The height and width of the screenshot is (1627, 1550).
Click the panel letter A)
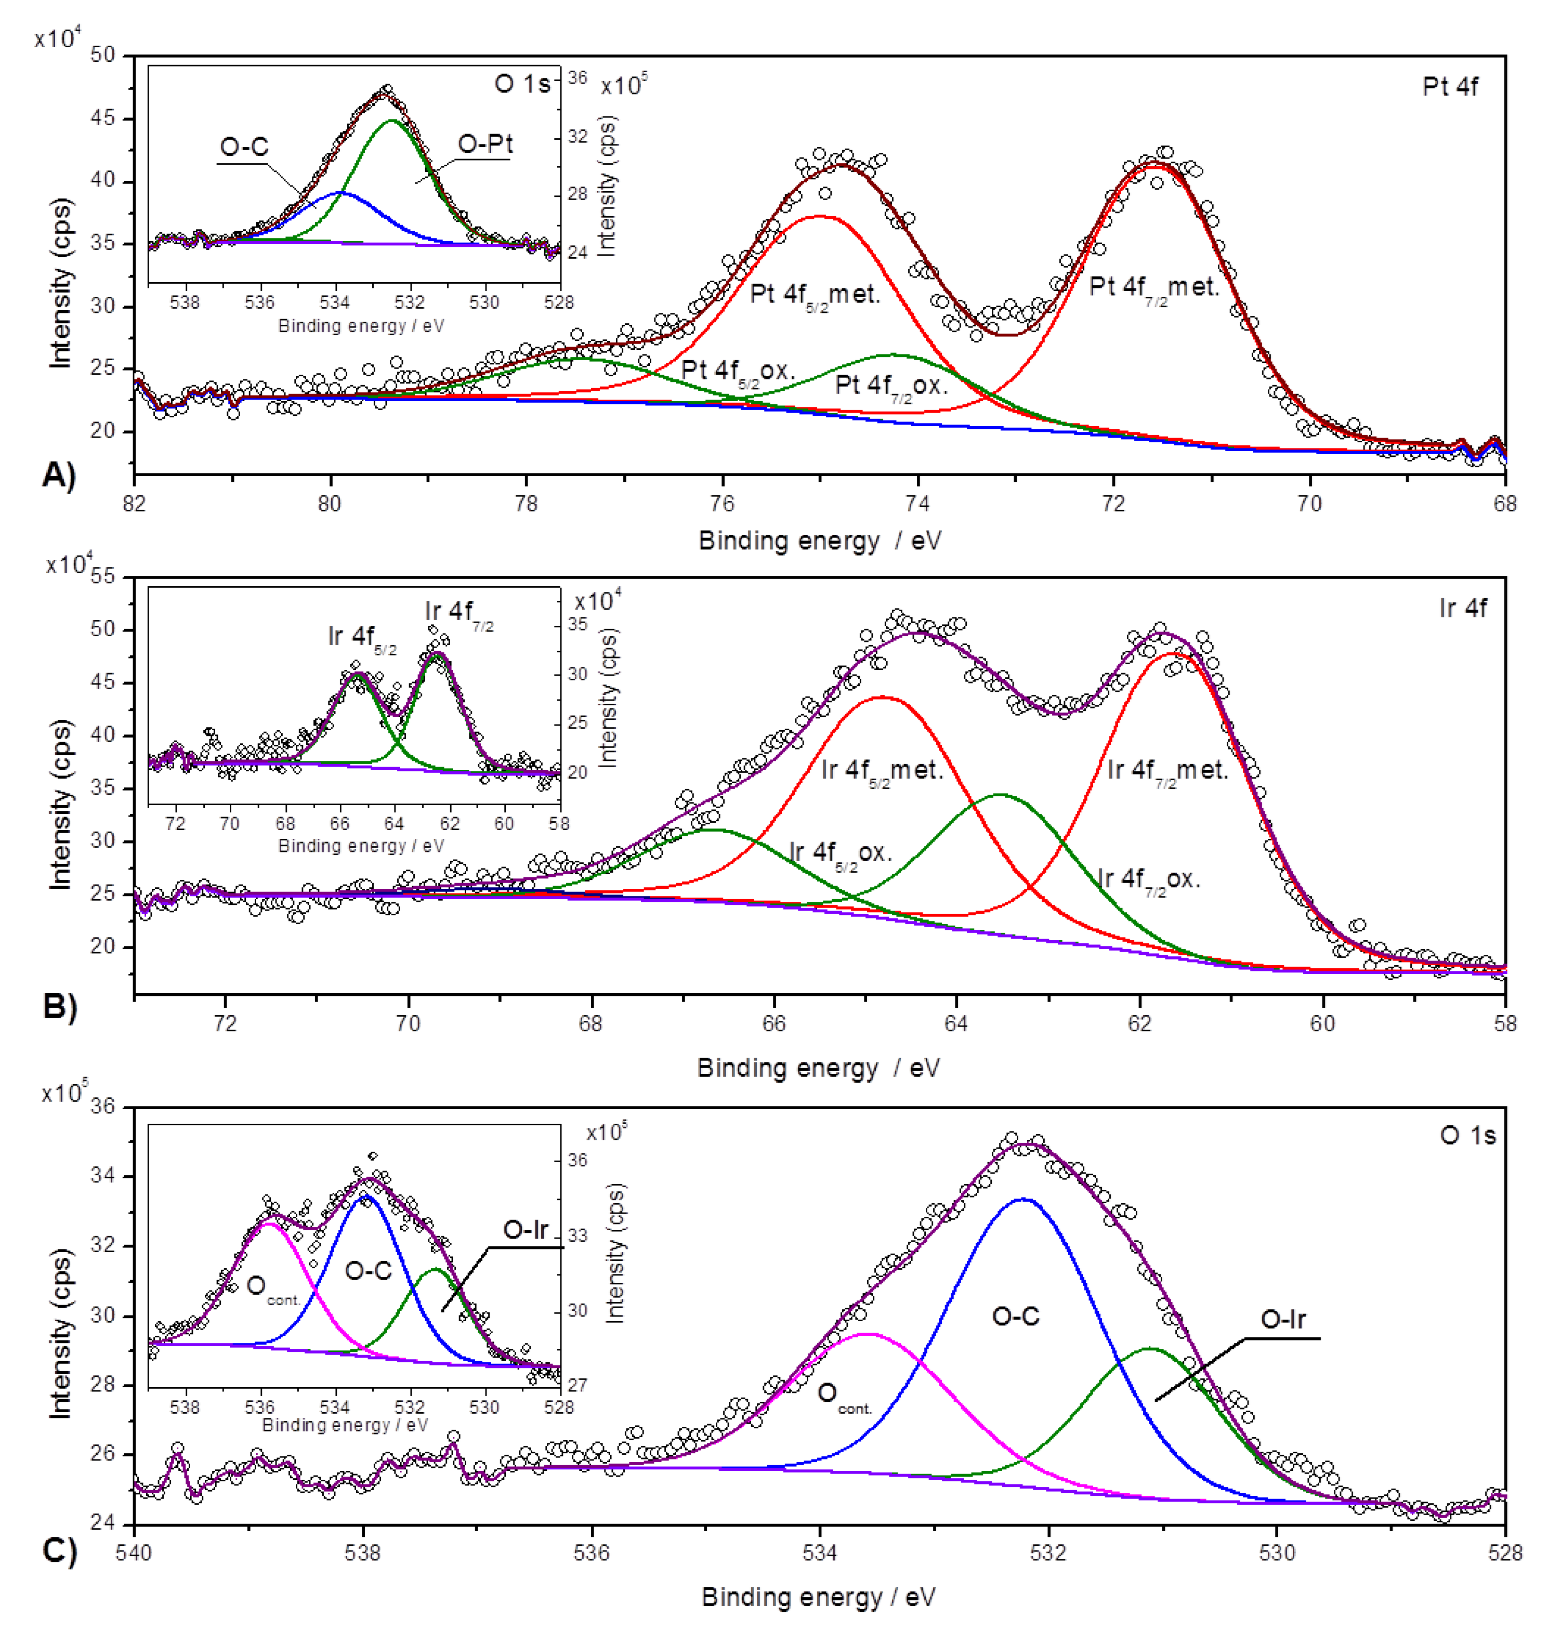pyautogui.click(x=59, y=477)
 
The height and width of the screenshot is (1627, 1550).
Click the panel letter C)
pyautogui.click(x=59, y=1551)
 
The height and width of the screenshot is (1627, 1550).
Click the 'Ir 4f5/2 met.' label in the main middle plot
pyautogui.click(x=881, y=771)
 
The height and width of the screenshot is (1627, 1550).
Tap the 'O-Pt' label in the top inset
pyautogui.click(x=485, y=144)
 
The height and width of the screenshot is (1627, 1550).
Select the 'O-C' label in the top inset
pyautogui.click(x=244, y=147)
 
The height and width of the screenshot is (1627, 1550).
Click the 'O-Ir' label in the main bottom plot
pyautogui.click(x=1282, y=1320)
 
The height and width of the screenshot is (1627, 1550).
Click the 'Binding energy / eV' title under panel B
pyautogui.click(x=818, y=1069)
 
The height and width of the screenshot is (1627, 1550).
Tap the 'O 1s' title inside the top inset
pyautogui.click(x=522, y=84)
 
